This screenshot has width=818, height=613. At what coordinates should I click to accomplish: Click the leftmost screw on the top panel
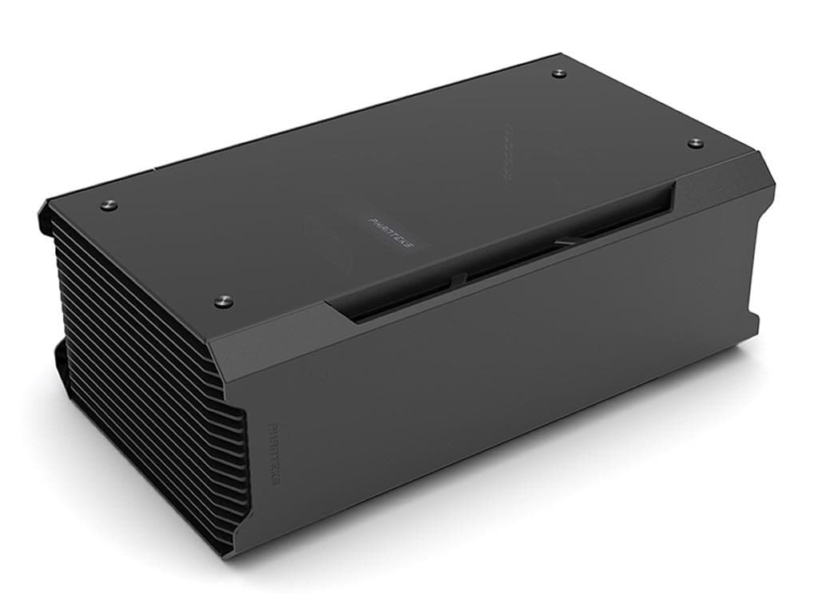coord(109,205)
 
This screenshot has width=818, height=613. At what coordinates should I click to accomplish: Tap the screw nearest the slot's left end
coord(223,301)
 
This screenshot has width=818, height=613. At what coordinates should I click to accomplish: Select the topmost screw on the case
coord(558,73)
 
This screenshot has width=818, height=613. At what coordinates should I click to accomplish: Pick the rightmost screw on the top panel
coord(695,143)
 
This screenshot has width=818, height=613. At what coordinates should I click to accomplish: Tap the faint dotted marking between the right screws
coord(507,152)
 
